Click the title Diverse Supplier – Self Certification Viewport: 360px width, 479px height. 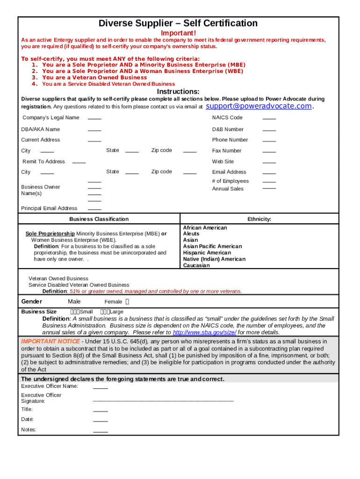click(178, 23)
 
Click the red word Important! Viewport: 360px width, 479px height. click(179, 33)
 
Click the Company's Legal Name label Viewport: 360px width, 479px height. click(50, 117)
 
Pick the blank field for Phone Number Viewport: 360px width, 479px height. click(269, 140)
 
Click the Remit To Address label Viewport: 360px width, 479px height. click(44, 161)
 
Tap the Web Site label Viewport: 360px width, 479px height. click(223, 161)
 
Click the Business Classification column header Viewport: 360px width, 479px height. click(99, 219)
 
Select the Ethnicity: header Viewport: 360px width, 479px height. click(259, 219)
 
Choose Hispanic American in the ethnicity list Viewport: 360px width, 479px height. click(207, 253)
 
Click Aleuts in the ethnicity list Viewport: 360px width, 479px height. click(191, 233)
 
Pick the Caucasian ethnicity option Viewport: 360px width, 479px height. click(196, 265)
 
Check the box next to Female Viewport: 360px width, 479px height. click(128, 302)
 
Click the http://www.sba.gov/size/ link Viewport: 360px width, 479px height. click(204, 333)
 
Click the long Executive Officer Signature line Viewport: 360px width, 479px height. click(163, 401)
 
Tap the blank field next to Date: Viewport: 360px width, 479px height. click(101, 420)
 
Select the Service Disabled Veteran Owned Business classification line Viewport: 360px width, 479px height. click(79, 285)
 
